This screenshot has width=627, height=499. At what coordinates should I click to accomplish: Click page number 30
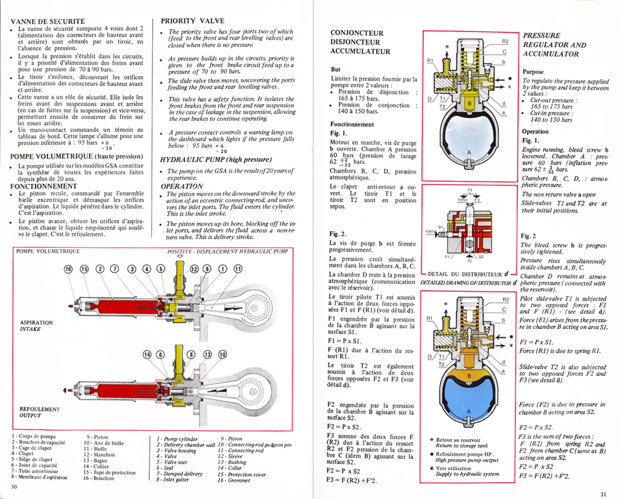[13, 486]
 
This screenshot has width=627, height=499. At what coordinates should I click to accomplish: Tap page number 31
[603, 494]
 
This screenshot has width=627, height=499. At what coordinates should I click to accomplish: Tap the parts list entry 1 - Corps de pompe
[34, 435]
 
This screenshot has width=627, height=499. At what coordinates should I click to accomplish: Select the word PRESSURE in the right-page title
[543, 36]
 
